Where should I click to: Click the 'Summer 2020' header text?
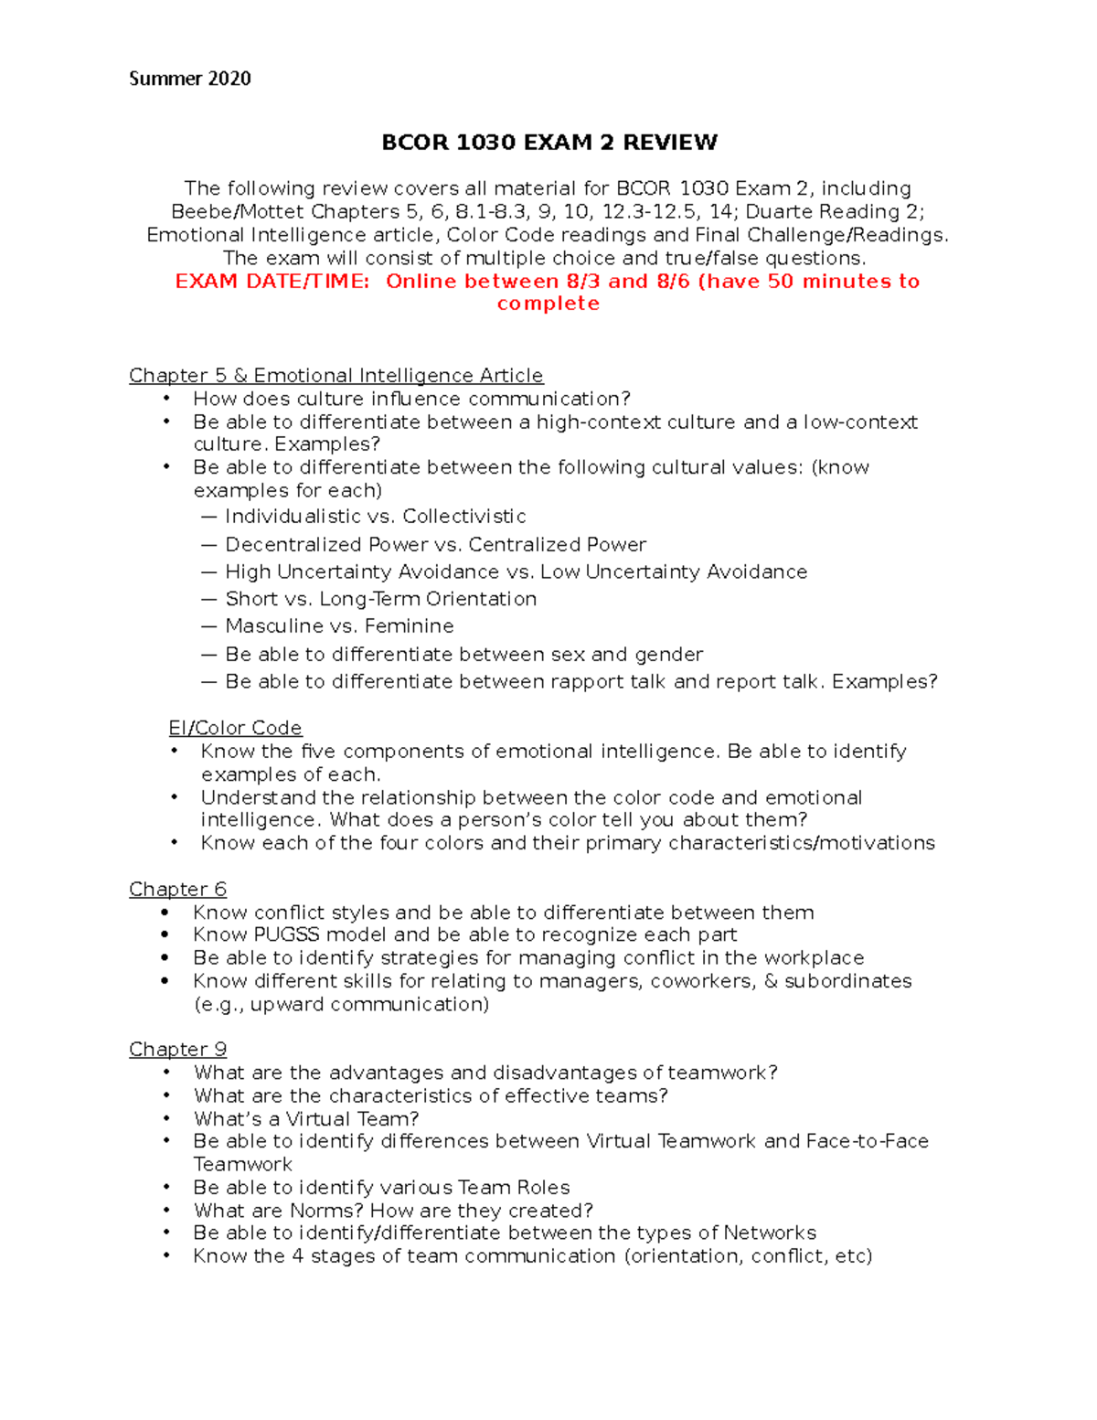[x=189, y=79]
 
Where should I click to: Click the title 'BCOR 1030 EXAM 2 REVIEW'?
[x=548, y=143]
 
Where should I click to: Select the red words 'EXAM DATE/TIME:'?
[x=272, y=282]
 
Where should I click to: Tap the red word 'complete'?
[x=548, y=304]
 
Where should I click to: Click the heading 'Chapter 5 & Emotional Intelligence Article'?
[x=335, y=376]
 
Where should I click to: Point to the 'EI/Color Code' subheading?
[x=235, y=728]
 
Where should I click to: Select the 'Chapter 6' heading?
[x=177, y=890]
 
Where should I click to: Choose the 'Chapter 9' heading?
[x=177, y=1050]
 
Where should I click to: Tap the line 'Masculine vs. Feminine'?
[x=339, y=626]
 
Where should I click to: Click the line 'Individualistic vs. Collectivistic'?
[x=375, y=517]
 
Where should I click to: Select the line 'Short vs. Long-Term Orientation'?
[x=380, y=599]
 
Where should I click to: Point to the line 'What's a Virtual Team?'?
[x=306, y=1119]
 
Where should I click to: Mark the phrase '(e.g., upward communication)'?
[x=341, y=1005]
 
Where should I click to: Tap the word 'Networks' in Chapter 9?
[x=770, y=1233]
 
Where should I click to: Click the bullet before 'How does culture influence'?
[x=166, y=399]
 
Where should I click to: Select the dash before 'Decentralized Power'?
[x=209, y=545]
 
